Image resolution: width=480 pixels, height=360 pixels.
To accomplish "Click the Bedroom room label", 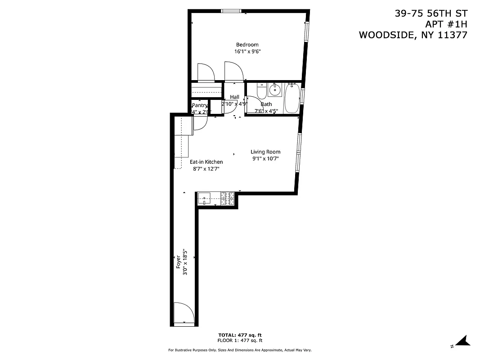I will pos(247,45).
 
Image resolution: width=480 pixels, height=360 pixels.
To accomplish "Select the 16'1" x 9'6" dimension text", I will pos(247,51).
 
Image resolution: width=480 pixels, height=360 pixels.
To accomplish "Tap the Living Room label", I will pos(265,152).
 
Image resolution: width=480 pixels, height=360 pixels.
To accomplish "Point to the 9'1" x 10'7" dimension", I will pos(265,159).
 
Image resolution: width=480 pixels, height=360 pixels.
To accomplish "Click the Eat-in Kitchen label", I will pos(206,162).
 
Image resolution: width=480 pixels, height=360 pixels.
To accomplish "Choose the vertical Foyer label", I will pos(179,262).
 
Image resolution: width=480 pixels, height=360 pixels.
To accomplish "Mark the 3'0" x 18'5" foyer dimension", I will pos(185,262).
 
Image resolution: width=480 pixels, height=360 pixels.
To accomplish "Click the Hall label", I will pos(235,97).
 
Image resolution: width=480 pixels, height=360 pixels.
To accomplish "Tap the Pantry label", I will pos(199,105).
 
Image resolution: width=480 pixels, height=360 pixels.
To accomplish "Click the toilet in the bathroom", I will pos(261,91).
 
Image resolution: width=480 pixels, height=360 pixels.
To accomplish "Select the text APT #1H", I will pos(447,24).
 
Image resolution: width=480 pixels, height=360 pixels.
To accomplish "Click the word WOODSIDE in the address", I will pos(386,35).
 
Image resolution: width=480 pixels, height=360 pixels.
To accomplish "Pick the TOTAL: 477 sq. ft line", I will pos(240,335).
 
